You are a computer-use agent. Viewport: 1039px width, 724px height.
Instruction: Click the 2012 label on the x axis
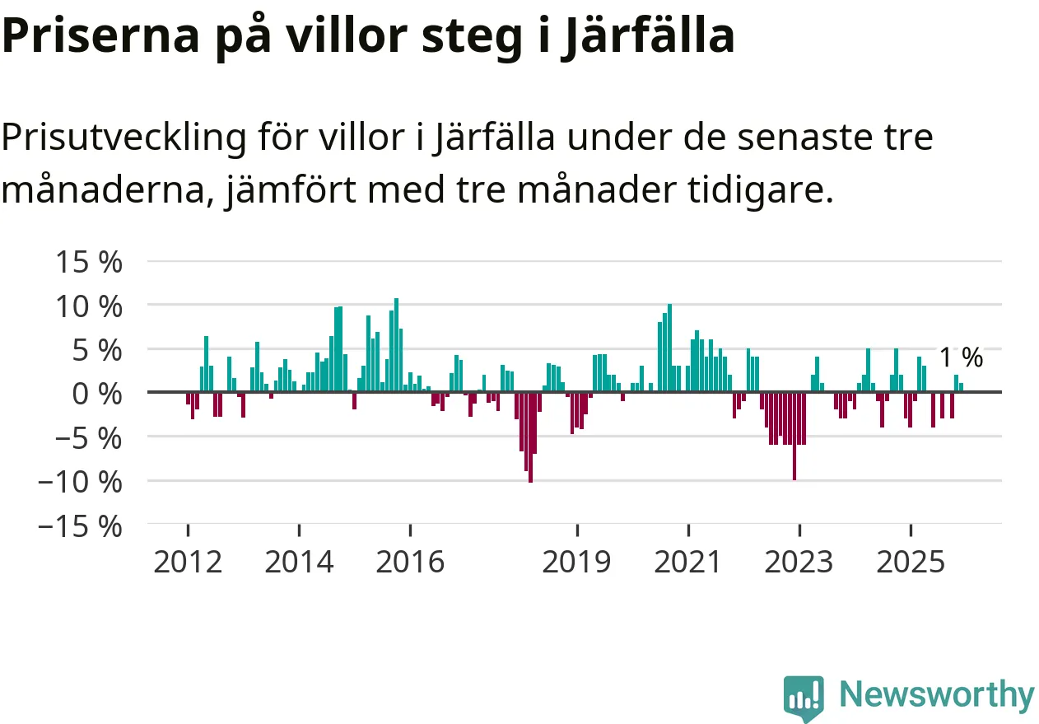click(188, 563)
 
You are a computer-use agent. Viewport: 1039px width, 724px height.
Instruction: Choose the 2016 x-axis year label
click(410, 563)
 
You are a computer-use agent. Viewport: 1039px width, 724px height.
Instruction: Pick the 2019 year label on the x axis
click(577, 563)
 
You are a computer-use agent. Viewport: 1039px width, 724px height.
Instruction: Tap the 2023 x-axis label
click(799, 563)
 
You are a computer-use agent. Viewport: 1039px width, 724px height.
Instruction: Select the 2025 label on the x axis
click(910, 563)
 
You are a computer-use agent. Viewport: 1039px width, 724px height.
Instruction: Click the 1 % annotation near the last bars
click(961, 357)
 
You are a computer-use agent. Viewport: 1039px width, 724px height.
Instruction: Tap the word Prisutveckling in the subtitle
click(123, 138)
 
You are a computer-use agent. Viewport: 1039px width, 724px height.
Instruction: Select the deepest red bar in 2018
click(530, 437)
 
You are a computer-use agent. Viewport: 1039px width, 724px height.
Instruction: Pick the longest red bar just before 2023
click(794, 436)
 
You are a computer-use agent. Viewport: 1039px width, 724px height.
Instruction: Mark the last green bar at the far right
click(961, 388)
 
